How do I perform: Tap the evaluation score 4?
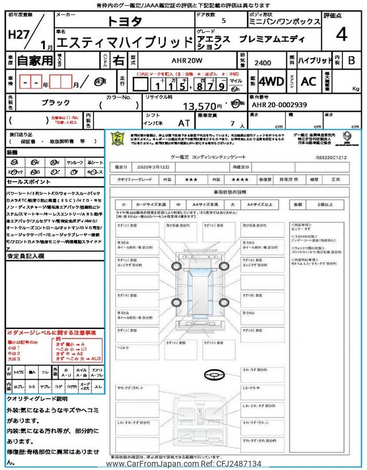coord(341,34)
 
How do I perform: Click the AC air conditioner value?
coord(308,81)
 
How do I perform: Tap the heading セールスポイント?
coord(29,181)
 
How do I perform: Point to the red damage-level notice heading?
coord(52,333)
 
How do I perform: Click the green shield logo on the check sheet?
coord(117,139)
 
